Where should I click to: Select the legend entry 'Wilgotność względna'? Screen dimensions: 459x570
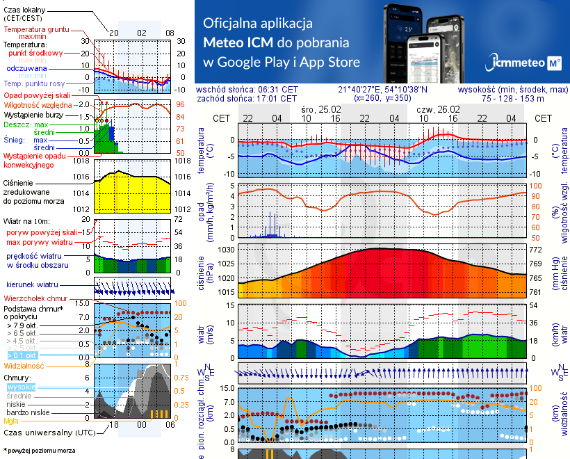pos(38,104)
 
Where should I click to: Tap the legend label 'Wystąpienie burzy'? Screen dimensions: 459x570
pos(37,113)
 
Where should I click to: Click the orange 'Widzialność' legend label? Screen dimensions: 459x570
pos(24,364)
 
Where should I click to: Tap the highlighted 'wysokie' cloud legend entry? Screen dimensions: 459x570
pos(21,386)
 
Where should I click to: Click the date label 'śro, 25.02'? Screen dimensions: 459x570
pos(321,108)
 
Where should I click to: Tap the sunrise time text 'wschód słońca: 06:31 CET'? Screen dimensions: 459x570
pos(247,90)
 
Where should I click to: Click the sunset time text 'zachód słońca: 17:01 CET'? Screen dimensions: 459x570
pos(247,99)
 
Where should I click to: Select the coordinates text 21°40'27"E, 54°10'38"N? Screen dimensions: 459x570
pos(383,90)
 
